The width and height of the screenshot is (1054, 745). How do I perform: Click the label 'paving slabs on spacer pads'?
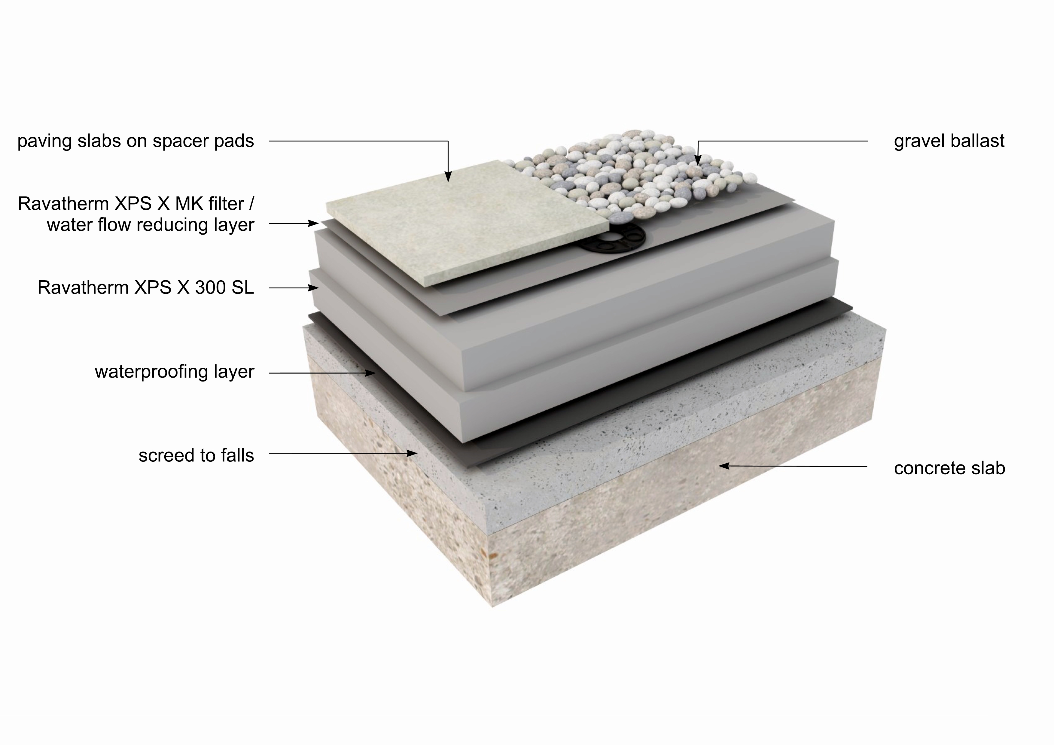136,141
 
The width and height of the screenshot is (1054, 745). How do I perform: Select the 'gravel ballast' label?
949,141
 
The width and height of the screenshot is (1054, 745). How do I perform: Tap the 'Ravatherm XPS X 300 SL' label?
145,288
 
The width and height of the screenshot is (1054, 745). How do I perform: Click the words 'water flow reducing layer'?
150,225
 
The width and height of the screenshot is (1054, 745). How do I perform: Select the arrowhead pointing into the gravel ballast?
698,161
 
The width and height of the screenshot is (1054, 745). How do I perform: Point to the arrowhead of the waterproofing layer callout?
371,373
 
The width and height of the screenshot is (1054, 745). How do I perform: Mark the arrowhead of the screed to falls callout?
413,454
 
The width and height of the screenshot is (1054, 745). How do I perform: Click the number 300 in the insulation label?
210,288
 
